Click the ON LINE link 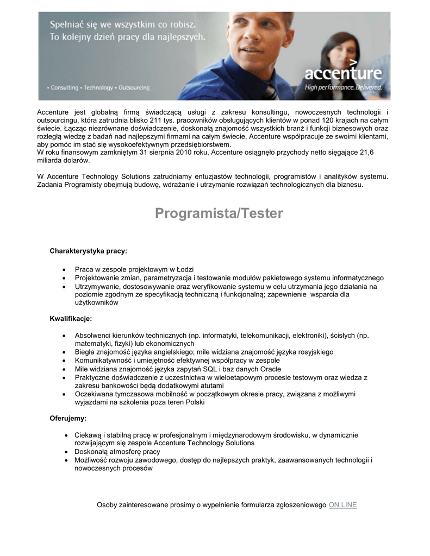coord(342,505)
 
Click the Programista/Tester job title coord(219,213)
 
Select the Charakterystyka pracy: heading coord(89,251)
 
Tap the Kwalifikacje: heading coord(71,318)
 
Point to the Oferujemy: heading coord(68,419)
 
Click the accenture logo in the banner coord(342,72)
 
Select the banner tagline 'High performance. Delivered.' coord(343,87)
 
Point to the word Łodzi coord(183,269)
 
